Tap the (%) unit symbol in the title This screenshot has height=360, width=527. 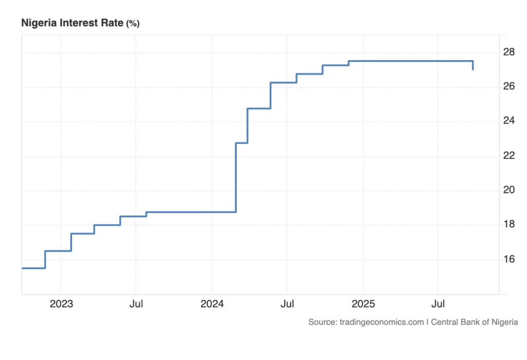(133, 23)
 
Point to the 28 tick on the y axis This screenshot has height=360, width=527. (509, 52)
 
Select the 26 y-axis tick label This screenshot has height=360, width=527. (509, 86)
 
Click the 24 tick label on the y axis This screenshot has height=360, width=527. (509, 121)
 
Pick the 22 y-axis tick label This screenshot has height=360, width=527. (509, 155)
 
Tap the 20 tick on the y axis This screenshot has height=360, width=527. (509, 190)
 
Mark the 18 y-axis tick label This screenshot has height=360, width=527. (509, 224)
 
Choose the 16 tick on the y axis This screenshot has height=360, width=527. (509, 259)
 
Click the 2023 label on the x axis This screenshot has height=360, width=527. (61, 304)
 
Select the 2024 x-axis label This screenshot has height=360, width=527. (212, 304)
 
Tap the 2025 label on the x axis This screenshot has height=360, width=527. (363, 304)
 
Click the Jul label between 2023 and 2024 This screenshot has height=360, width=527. (136, 304)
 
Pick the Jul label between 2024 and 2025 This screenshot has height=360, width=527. (287, 304)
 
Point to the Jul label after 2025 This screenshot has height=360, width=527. (438, 304)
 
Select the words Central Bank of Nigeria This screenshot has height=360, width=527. (474, 322)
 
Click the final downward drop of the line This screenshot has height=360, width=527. (473, 65)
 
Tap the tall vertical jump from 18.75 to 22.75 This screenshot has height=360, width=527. (236, 177)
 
